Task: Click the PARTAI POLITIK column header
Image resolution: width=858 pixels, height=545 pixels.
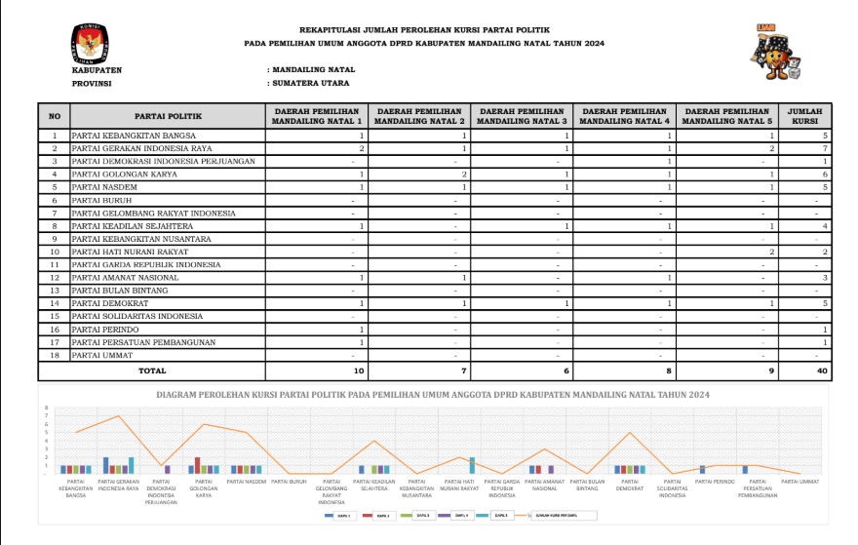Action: [168, 116]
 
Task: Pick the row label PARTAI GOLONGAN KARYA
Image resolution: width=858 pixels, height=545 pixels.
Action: [125, 174]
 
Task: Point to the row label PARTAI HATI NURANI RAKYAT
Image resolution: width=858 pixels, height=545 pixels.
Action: [133, 252]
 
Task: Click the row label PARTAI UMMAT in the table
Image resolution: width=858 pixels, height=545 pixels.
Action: [105, 355]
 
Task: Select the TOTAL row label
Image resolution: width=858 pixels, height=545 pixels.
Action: [151, 370]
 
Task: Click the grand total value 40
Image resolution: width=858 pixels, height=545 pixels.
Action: [821, 370]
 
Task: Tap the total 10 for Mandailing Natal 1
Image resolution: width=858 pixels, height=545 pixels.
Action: [359, 370]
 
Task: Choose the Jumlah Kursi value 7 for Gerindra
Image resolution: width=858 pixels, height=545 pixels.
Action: [825, 147]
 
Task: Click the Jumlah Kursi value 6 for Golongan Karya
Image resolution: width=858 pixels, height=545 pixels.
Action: [825, 174]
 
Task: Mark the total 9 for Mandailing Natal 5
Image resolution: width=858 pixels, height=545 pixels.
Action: [770, 370]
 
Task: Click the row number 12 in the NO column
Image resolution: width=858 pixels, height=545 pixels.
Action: [55, 277]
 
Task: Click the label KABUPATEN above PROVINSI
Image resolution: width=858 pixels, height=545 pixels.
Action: [97, 70]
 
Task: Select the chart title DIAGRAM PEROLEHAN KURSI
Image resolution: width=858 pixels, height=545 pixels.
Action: [433, 394]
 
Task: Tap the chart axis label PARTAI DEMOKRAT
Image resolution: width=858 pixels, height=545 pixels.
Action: [630, 485]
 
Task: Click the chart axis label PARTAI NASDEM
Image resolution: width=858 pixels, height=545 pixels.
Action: [247, 481]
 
